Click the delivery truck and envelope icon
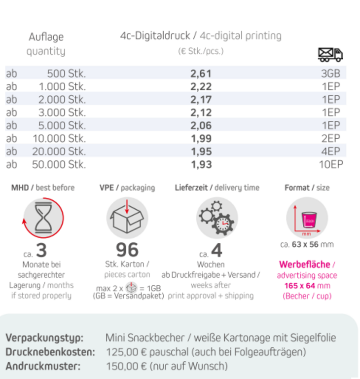coord(330,54)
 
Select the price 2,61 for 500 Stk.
coord(201,74)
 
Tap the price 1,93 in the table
coord(201,164)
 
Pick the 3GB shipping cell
coord(330,74)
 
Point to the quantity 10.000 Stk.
coord(59,138)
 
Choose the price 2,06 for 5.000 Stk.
coord(201,125)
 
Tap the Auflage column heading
coord(46,37)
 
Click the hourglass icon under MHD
coord(43,217)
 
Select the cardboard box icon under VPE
coord(127,217)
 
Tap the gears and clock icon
coord(217,218)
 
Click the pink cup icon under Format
coord(307,218)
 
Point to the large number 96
coord(127,250)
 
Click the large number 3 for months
coord(41,251)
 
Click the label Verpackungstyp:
coord(44,338)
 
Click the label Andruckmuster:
coord(43,366)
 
